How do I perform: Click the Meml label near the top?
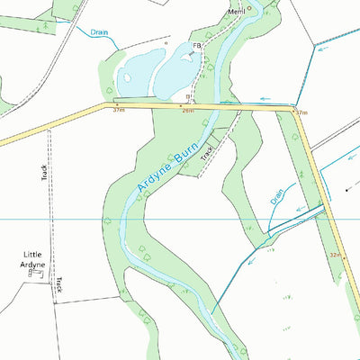coord(237,12)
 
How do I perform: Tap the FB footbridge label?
coord(195,46)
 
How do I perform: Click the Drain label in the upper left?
coord(99,31)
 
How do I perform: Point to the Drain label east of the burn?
coord(277,196)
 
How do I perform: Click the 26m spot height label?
coord(187,112)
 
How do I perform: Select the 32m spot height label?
coord(335,256)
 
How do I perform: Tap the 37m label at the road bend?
coord(301,112)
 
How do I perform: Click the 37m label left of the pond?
coord(118,112)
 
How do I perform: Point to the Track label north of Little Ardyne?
coord(44,171)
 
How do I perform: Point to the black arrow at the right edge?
coord(348,190)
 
